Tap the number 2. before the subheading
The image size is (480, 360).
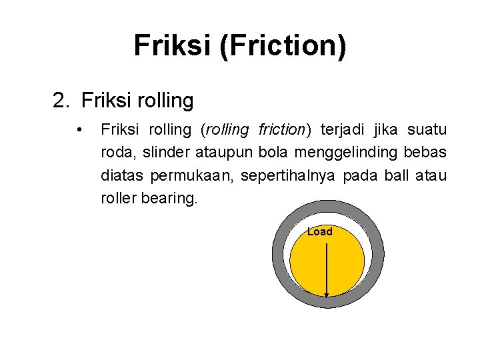coord(61,101)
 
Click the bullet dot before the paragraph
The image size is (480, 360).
coord(79,129)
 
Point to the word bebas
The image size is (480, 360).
coord(425,153)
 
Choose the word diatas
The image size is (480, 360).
coord(123,176)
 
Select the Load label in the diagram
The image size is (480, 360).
coord(319,232)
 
